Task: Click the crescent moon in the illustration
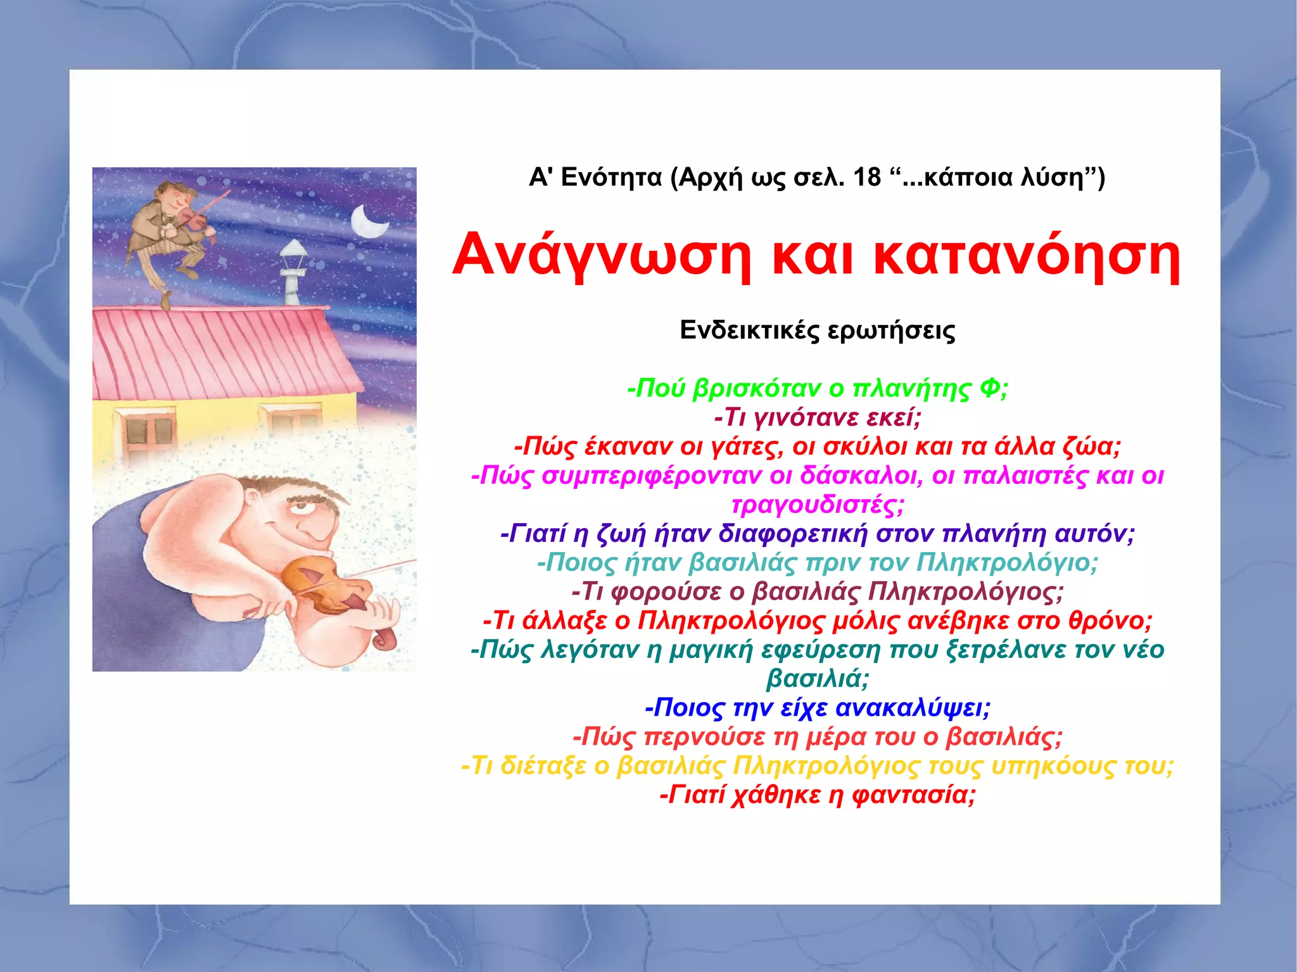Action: pos(367,222)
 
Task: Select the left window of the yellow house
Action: pos(145,431)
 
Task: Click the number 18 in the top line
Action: pos(866,177)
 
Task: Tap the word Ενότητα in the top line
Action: pos(612,177)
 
